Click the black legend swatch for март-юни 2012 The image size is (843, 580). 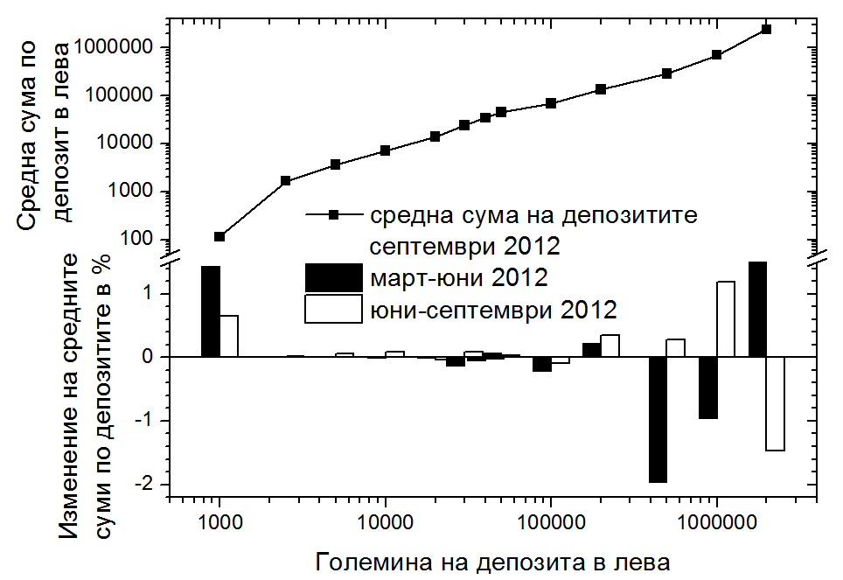[332, 278]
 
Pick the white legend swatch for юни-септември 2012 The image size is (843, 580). [332, 309]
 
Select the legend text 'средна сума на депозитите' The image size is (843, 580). [533, 214]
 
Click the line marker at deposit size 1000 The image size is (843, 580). [219, 236]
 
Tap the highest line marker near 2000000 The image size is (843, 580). [766, 29]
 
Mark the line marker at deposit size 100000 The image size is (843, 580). [551, 103]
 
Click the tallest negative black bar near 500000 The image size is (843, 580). [658, 419]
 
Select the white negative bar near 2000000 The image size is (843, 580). [775, 403]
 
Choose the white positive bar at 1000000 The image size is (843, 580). [726, 319]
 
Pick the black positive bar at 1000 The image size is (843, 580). [211, 311]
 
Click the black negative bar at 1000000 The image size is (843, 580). [708, 388]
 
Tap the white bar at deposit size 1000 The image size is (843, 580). [229, 336]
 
